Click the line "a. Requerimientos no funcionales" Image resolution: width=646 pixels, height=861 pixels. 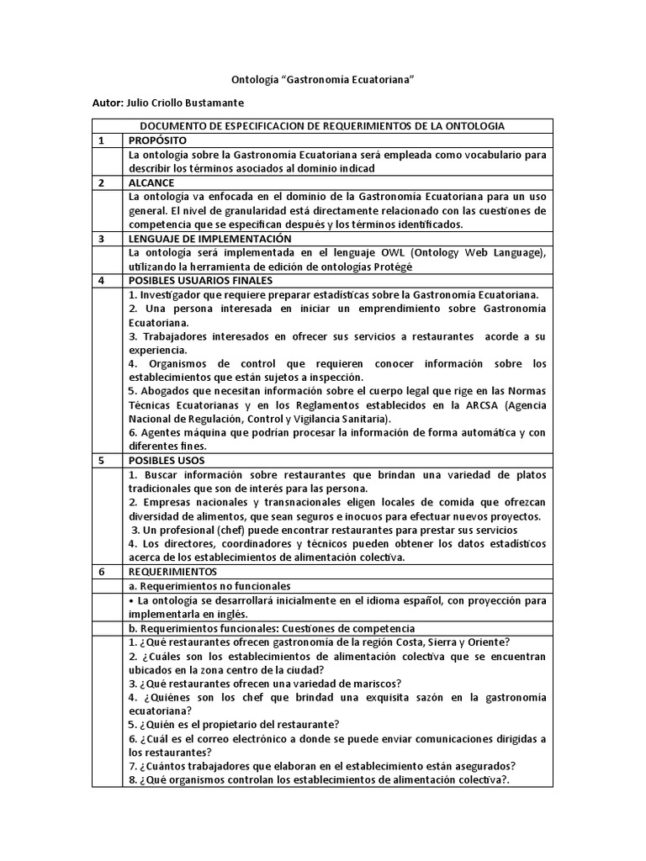tap(209, 585)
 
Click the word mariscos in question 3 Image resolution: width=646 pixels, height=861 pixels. tap(375, 683)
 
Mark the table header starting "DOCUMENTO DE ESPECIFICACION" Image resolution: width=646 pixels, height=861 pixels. tap(322, 126)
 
